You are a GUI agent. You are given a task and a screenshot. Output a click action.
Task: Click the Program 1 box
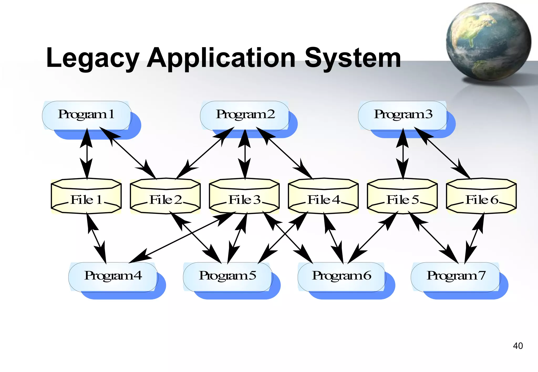(87, 115)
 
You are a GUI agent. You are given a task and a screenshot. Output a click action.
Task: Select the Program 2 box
(245, 115)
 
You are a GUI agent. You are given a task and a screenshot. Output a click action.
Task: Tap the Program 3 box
(403, 115)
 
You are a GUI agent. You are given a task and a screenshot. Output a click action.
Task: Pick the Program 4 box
(113, 277)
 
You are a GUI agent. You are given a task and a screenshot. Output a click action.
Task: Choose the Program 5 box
(227, 277)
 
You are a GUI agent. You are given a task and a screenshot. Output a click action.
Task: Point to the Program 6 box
(342, 277)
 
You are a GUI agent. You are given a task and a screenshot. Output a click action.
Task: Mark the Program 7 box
(456, 277)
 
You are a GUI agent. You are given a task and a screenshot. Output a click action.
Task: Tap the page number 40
(518, 346)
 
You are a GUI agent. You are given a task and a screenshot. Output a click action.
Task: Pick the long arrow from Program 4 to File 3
(181, 237)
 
